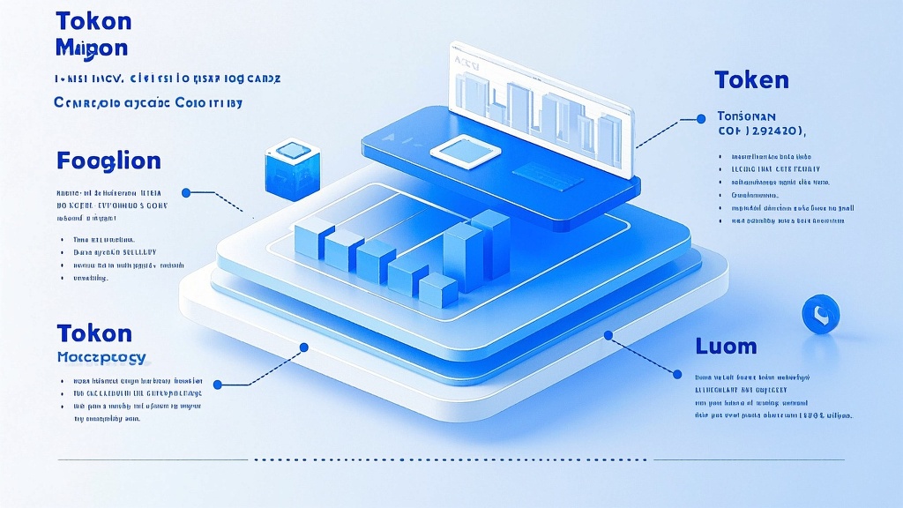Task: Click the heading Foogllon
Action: tap(108, 161)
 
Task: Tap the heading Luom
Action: tap(726, 346)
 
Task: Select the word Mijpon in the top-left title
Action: tap(91, 47)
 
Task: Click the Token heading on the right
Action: tap(751, 80)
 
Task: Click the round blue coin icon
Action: tap(820, 315)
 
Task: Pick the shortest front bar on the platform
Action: tap(437, 290)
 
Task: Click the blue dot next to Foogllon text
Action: tap(186, 192)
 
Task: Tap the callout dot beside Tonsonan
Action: tap(701, 117)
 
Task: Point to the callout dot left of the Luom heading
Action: tap(608, 335)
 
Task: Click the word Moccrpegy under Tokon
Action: tap(101, 358)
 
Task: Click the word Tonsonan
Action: tap(746, 116)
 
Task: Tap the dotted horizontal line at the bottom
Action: tap(450, 459)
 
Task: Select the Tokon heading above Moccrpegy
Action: tap(93, 333)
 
